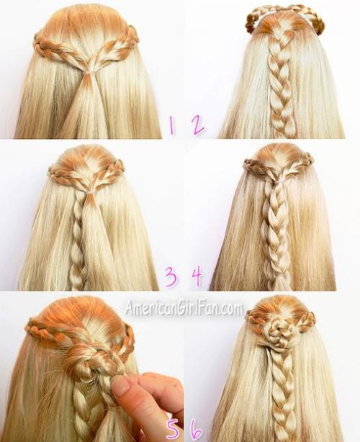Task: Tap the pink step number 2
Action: pyautogui.click(x=199, y=126)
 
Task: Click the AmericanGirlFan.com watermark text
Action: pyautogui.click(x=184, y=308)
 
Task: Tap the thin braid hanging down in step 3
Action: pyautogui.click(x=76, y=243)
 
